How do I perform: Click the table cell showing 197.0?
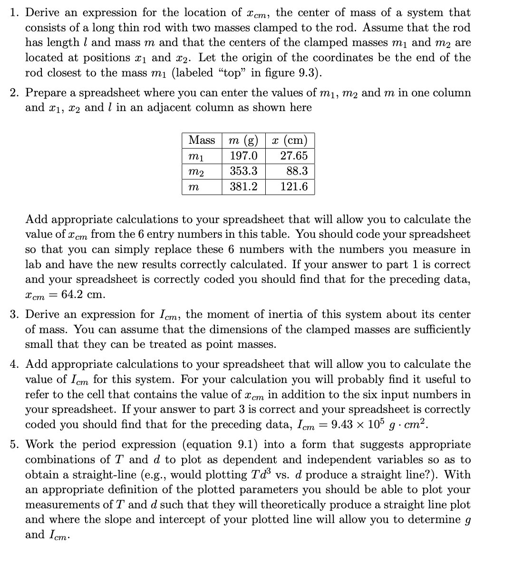tap(243, 156)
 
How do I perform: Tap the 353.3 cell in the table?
tap(243, 171)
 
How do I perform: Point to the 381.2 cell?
tap(243, 187)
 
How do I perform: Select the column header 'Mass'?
tap(202, 140)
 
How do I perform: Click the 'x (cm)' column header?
tap(290, 140)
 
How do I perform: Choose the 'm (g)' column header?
tap(243, 140)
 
